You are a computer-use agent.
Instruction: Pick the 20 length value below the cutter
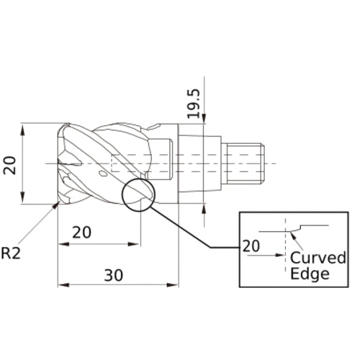[83, 233]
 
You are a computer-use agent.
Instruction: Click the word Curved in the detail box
[318, 258]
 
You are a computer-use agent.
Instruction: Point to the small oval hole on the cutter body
[104, 174]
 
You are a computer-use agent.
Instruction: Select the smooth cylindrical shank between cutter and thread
[198, 163]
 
